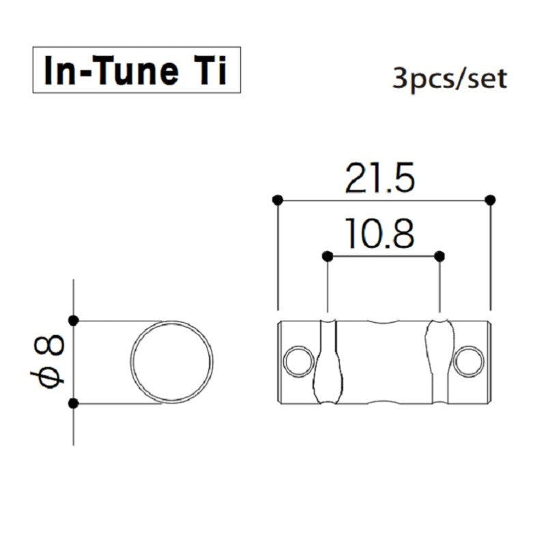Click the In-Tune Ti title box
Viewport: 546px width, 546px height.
[136, 70]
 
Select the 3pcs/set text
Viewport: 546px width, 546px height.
[450, 79]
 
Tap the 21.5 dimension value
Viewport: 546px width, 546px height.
[379, 179]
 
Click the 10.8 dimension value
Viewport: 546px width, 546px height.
[379, 235]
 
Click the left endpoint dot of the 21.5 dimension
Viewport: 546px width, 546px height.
[277, 200]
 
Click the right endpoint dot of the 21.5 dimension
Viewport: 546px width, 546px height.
[490, 200]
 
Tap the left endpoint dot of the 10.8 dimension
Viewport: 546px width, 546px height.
[328, 256]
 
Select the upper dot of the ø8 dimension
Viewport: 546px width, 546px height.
[74, 319]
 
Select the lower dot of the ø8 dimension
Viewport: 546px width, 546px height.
[74, 403]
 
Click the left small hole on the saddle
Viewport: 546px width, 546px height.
[297, 362]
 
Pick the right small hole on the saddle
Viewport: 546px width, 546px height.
[470, 362]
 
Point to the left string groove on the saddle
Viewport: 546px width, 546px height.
[327, 362]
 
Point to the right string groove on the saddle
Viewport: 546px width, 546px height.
[439, 362]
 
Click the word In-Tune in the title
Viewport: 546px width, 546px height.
[109, 70]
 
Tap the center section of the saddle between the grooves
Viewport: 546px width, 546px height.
[382, 362]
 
